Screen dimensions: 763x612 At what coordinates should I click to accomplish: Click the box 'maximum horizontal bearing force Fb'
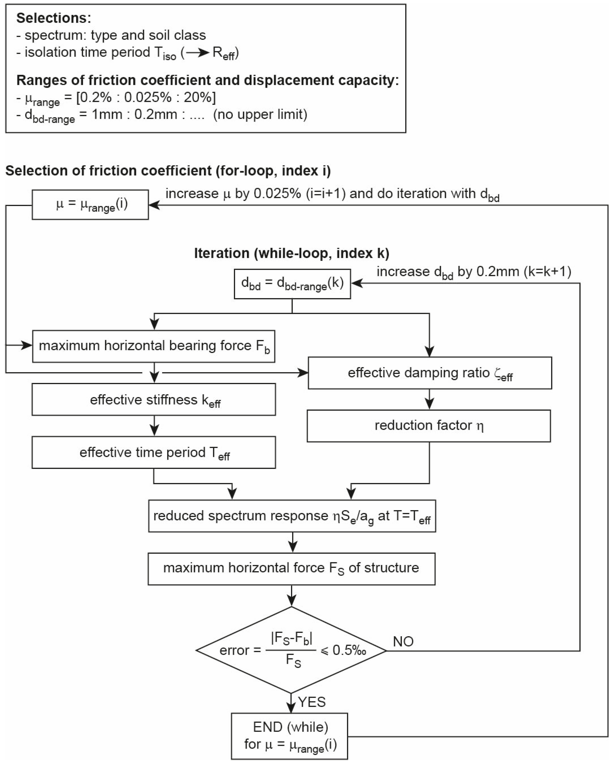click(154, 346)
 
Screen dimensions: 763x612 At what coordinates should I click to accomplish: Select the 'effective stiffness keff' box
click(154, 399)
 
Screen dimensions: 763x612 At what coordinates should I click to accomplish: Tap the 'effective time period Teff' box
click(154, 452)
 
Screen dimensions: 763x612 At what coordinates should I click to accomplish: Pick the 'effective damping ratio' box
click(430, 373)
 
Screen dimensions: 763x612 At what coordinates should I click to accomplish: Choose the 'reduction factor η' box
click(429, 426)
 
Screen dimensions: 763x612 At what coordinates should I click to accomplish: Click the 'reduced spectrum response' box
click(292, 516)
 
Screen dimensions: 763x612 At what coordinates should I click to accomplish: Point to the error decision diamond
click(291, 650)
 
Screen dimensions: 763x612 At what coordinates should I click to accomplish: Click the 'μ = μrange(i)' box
click(90, 205)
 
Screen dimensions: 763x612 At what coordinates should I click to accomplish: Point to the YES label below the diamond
click(312, 702)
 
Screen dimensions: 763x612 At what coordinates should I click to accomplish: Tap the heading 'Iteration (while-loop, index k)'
click(292, 253)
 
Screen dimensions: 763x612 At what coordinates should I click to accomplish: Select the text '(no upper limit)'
click(260, 114)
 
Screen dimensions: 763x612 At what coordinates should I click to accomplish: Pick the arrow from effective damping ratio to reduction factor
click(429, 399)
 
